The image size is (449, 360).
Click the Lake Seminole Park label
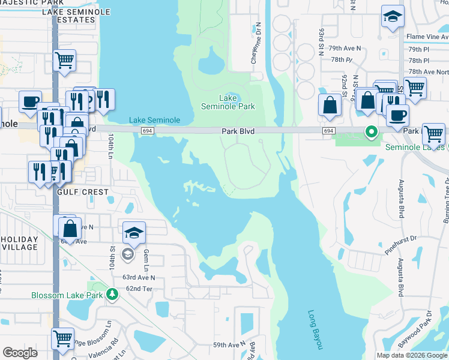pos(228,102)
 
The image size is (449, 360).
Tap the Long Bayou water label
pos(316,329)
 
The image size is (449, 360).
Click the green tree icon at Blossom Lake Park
pos(112,294)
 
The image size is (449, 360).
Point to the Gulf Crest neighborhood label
pos(83,192)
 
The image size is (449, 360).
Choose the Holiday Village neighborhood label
pos(19,243)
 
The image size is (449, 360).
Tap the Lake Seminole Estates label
pos(69,16)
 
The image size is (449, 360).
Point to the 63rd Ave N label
pos(139,277)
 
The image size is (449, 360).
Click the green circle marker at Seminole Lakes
pos(372,132)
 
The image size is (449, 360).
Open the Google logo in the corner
pos(20,352)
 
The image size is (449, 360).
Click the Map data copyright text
pos(411,355)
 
